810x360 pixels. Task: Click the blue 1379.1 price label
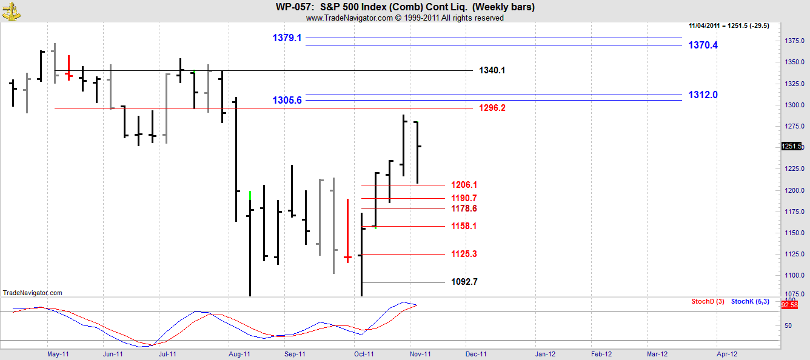287,38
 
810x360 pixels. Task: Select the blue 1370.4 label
703,45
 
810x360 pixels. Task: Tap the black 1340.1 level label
492,70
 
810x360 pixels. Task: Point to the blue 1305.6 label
287,100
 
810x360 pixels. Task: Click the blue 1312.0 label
703,95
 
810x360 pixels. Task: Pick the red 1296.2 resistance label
492,108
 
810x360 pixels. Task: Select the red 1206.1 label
464,185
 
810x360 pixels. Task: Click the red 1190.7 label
464,198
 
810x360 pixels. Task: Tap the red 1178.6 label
464,208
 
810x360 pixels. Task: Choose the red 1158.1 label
464,226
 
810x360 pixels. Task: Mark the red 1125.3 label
464,254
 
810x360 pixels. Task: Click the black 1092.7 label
464,282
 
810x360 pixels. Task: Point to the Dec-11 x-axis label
476,355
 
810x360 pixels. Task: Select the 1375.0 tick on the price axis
794,41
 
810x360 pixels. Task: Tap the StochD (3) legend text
708,301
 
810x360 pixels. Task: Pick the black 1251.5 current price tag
791,146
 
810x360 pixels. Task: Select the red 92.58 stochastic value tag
789,305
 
